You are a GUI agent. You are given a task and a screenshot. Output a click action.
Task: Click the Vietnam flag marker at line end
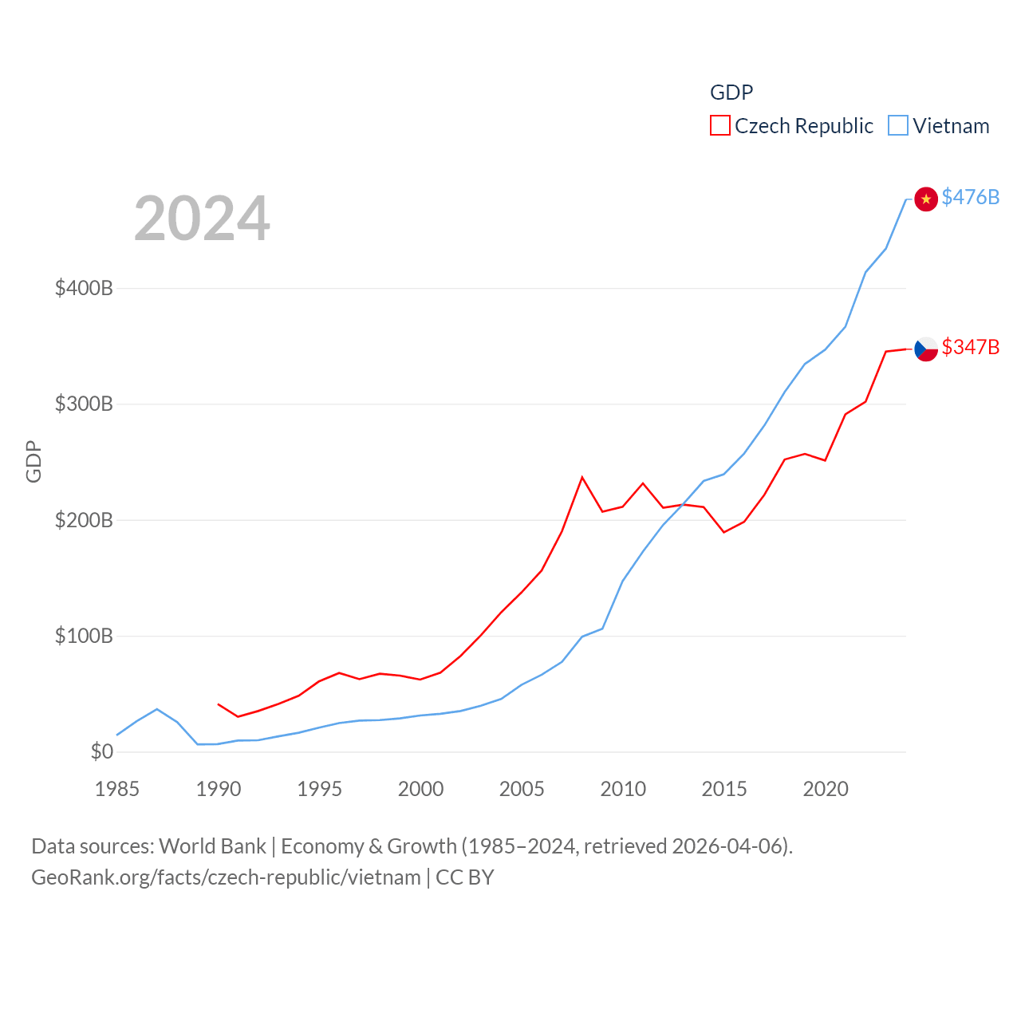click(x=925, y=199)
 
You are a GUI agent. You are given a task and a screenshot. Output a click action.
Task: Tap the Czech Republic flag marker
click(x=925, y=349)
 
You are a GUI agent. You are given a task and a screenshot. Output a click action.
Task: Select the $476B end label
click(x=970, y=197)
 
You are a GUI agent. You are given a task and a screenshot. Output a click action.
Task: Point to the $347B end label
click(x=970, y=347)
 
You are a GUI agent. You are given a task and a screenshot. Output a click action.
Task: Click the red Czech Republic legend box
click(x=719, y=126)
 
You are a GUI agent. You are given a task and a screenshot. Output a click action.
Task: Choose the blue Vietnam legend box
click(x=897, y=126)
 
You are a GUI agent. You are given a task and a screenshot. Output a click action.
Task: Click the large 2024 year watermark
click(x=202, y=219)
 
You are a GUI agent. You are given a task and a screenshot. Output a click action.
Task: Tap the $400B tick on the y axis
click(x=84, y=288)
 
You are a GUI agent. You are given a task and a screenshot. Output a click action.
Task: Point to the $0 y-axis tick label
click(x=101, y=751)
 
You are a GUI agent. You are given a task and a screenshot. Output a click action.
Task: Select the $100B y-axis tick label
click(x=84, y=636)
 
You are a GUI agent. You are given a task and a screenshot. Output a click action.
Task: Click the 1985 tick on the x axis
click(x=116, y=789)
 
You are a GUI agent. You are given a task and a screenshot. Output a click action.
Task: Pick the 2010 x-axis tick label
click(x=623, y=789)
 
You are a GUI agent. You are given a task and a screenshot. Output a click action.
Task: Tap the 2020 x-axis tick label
click(x=826, y=789)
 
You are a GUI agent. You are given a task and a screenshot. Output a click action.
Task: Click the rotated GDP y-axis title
click(x=34, y=461)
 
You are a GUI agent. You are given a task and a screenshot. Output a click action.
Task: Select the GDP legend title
click(x=731, y=93)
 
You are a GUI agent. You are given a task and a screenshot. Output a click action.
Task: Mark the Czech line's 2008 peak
click(x=582, y=477)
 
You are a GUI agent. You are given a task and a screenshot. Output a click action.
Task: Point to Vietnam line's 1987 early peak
click(x=157, y=708)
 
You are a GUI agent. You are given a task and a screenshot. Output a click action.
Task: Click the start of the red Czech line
click(x=218, y=704)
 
